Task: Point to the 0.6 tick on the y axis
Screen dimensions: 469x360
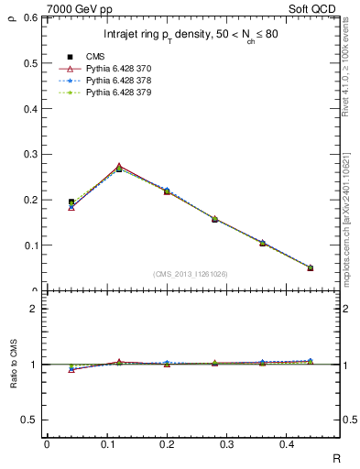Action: (x=30, y=17)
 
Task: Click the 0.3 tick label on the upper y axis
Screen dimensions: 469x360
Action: (x=30, y=154)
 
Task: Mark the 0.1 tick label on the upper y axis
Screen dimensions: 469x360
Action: (x=30, y=245)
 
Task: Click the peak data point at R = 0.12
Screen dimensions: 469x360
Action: (x=119, y=168)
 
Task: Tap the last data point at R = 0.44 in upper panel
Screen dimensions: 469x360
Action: (x=310, y=267)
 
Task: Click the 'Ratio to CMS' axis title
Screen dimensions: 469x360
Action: (x=14, y=364)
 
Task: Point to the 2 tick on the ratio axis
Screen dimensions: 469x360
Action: (x=34, y=309)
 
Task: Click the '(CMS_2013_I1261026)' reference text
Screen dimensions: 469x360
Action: (x=191, y=274)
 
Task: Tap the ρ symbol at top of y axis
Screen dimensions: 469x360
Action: (x=13, y=14)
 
